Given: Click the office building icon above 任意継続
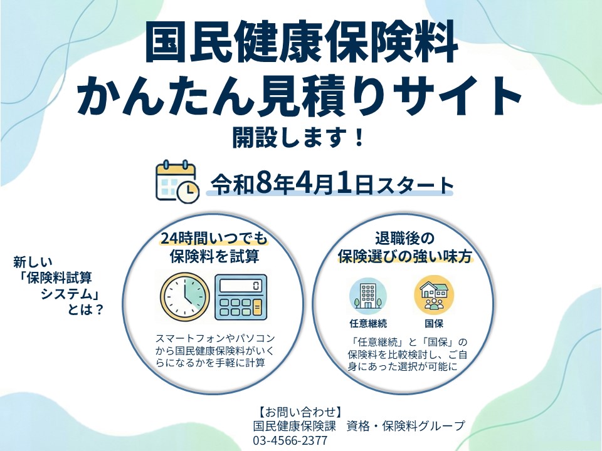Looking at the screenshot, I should coord(367,294).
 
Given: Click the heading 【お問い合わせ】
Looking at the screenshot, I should coord(300,412).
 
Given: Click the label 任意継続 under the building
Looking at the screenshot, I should coord(368,324).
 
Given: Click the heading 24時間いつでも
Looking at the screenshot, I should coord(213,239).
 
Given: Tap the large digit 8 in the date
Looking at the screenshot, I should coord(263,184).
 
